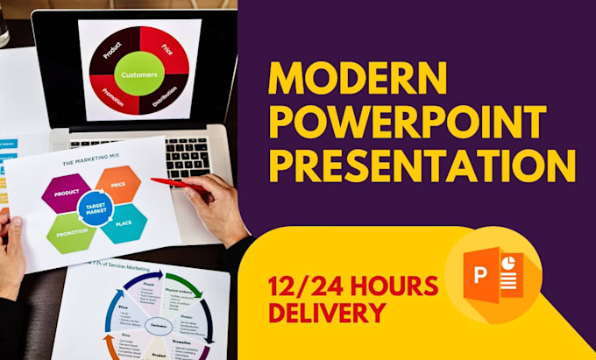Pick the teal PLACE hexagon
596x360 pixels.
[124, 223]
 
